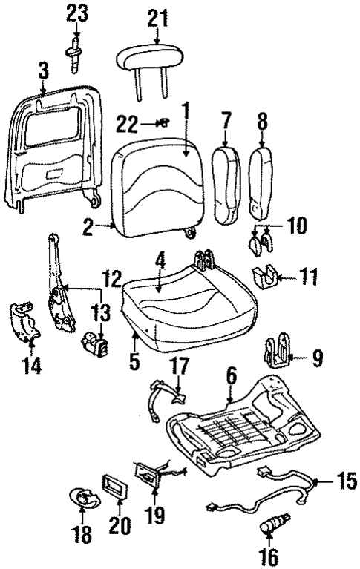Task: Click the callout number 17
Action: tap(180, 366)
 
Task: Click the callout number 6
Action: tap(232, 377)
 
